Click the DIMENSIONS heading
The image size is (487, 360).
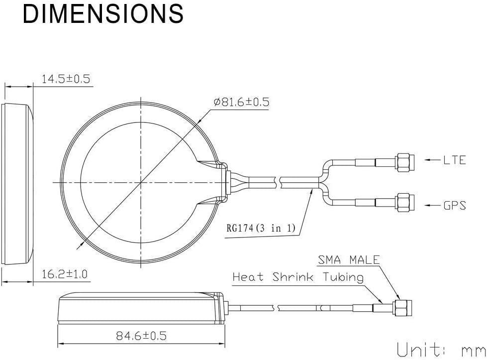coord(103,13)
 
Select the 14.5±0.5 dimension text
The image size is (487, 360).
coord(66,79)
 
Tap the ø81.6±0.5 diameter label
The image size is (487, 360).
coord(241,102)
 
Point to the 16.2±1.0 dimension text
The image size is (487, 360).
coord(65,274)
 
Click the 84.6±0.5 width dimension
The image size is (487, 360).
coord(141,336)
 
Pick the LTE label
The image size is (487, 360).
coord(454,160)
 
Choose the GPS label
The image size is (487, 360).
coord(455,206)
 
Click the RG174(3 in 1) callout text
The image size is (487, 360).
coord(261,228)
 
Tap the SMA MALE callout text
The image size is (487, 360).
coord(349,259)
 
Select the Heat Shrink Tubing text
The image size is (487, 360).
coord(298,277)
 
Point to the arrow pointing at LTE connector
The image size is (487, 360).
coord(433,160)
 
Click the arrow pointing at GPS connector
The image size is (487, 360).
coord(433,206)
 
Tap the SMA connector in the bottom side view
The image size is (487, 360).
coord(402,308)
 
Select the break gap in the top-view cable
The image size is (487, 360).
coord(278,182)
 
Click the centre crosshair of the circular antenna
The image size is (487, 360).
coord(141,182)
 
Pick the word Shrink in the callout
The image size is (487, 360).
coord(293,277)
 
